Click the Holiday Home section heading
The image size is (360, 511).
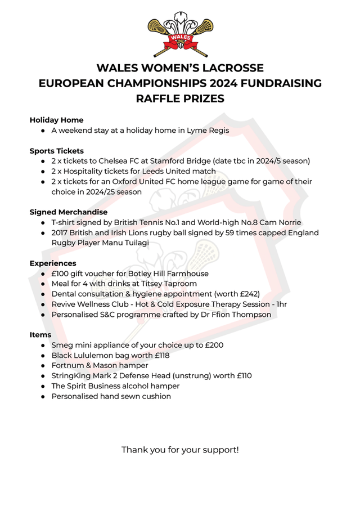point(56,120)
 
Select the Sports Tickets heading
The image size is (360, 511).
point(56,151)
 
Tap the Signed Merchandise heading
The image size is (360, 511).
point(68,212)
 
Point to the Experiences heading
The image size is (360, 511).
point(53,263)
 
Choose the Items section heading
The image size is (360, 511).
point(40,335)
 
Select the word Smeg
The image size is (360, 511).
point(62,345)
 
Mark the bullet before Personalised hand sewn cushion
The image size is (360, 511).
point(43,396)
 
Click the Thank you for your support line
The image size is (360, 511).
point(180,450)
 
